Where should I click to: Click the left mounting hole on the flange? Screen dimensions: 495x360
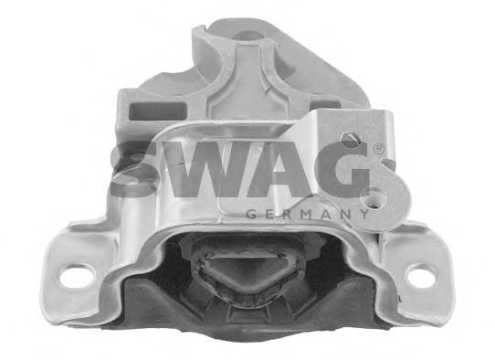(77, 276)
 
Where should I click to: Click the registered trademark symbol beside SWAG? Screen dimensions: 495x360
(378, 149)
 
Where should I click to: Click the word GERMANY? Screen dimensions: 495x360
(307, 215)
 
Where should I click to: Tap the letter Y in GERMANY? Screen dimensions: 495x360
(363, 215)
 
